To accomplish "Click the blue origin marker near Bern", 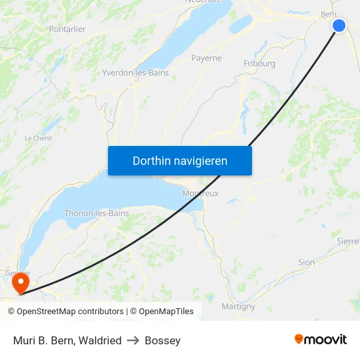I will (x=339, y=26).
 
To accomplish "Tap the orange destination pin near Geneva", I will (x=21, y=282).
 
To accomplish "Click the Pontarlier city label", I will (x=67, y=29).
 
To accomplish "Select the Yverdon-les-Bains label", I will (x=135, y=73).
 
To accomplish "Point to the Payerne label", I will (x=206, y=58).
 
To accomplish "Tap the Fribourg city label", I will (x=259, y=63).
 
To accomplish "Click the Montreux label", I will (x=201, y=194).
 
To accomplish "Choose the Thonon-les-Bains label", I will (x=96, y=213).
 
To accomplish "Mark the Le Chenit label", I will (x=38, y=138).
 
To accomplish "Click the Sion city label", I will (x=306, y=262).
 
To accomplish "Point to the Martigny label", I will (x=238, y=306).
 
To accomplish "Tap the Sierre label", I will (x=348, y=241).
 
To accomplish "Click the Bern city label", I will (x=328, y=14).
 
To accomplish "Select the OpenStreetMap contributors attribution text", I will (x=70, y=312).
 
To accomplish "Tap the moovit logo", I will (x=321, y=340).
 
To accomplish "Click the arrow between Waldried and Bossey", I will (x=133, y=340).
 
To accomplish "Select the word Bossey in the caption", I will (x=162, y=340).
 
